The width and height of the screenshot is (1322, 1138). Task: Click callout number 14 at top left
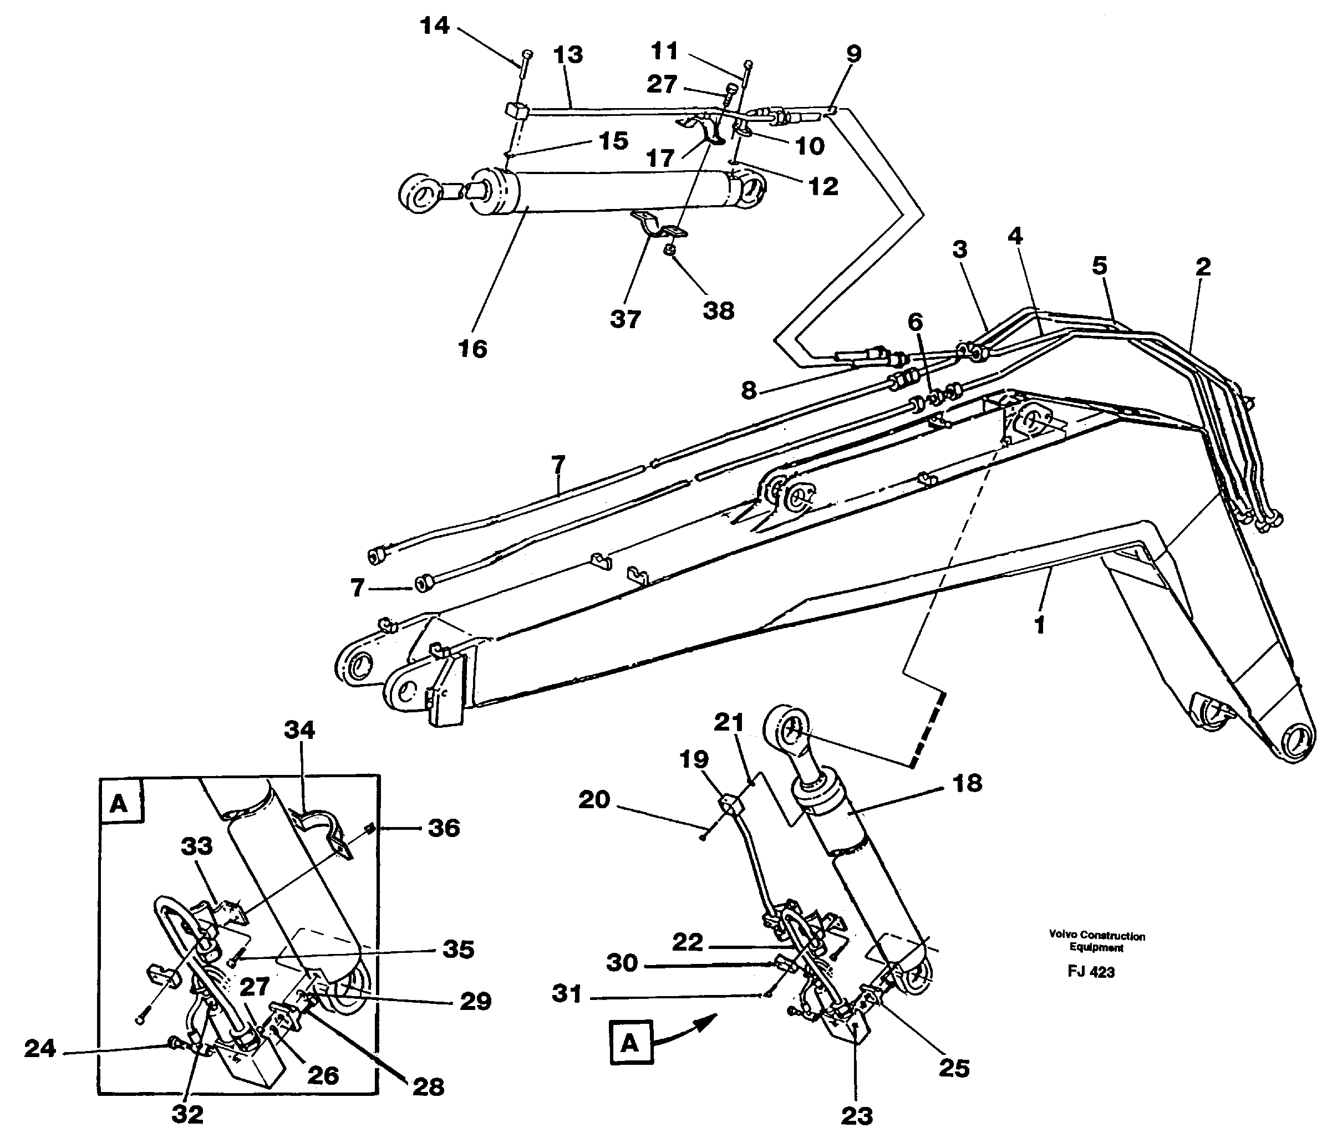tap(435, 26)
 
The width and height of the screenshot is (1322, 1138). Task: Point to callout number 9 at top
tap(853, 54)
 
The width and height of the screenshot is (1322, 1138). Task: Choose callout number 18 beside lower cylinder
tap(967, 783)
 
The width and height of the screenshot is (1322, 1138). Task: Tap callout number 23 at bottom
tap(856, 1116)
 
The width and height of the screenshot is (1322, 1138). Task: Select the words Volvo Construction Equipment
tap(1097, 942)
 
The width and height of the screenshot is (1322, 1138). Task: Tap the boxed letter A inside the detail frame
tap(119, 804)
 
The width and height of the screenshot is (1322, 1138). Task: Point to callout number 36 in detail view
tap(444, 828)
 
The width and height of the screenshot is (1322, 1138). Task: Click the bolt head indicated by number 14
tap(526, 54)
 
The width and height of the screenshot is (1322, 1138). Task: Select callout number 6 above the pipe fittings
tap(916, 322)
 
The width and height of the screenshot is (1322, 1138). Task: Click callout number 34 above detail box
tap(299, 729)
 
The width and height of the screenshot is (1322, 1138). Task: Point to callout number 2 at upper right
tap(1203, 267)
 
